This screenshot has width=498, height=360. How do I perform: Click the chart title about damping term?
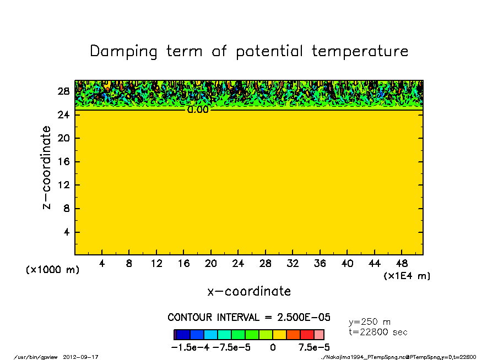click(249, 52)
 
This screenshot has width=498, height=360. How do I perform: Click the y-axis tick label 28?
click(63, 91)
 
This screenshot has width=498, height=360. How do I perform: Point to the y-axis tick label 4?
click(66, 232)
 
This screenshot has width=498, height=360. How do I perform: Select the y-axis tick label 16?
click(63, 162)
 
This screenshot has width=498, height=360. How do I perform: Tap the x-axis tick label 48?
click(402, 264)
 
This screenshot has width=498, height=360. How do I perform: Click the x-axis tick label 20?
click(211, 264)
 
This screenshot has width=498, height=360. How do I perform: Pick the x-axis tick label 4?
click(102, 264)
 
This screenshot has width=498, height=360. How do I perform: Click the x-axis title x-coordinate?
click(249, 291)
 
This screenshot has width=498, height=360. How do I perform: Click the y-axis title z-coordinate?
click(47, 167)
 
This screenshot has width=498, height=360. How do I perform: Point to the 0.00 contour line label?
click(198, 110)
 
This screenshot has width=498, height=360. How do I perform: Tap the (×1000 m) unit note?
click(52, 270)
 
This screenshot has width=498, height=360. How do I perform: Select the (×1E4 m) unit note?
click(407, 276)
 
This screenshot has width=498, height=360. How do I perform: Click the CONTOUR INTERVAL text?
click(249, 318)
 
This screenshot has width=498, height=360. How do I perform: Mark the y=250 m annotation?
click(370, 322)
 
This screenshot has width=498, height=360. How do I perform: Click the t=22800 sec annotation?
click(378, 332)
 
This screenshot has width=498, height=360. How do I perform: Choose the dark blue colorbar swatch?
click(183, 335)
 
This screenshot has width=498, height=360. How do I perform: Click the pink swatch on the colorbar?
click(319, 335)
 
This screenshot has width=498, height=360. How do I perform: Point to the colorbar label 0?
click(273, 347)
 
